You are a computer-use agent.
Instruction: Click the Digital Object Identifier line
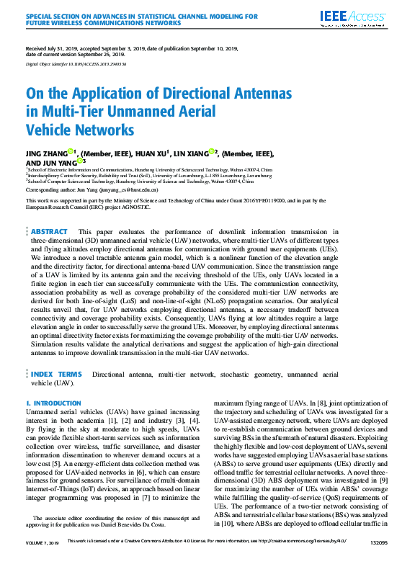pos(76,64)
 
